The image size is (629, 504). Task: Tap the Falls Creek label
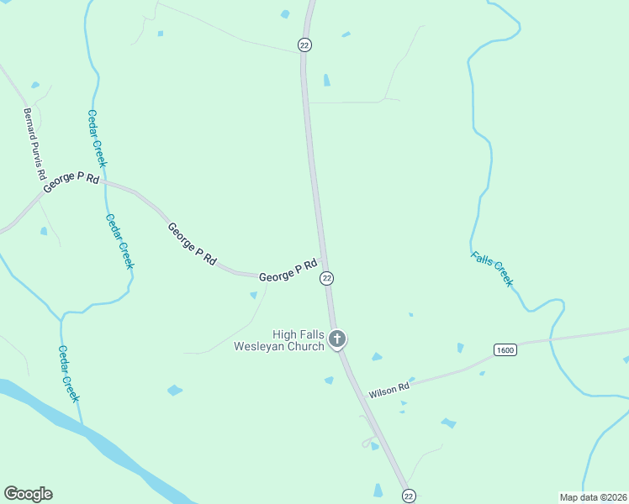point(492,269)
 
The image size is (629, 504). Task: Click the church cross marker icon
point(337,339)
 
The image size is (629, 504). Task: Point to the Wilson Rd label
point(388,389)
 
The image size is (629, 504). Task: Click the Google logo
point(28,494)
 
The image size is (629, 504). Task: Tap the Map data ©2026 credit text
point(593,496)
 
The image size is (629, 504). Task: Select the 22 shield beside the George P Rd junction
point(327,278)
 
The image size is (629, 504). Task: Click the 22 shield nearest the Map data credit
point(408,496)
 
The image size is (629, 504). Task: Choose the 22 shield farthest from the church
point(304,45)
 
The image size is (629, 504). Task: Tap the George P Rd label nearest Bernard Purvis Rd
point(71,184)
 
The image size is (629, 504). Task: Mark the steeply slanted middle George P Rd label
point(192,244)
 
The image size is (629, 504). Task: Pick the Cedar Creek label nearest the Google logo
point(69,374)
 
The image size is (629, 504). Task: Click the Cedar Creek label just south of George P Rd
point(119,241)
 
